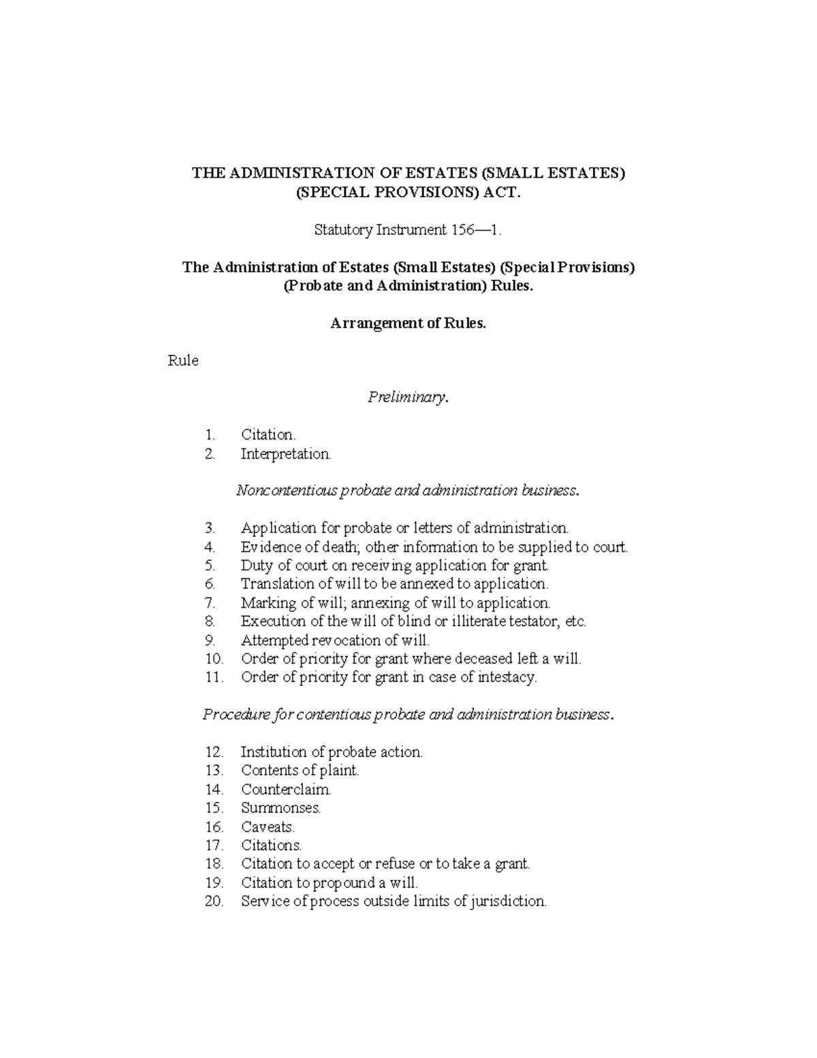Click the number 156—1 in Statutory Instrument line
click(x=476, y=230)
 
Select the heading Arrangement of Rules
click(x=408, y=324)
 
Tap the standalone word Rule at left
click(x=182, y=361)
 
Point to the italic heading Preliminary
click(x=408, y=397)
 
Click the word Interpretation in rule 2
click(x=285, y=454)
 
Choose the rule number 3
click(x=210, y=528)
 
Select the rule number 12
click(x=214, y=752)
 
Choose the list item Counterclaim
click(x=286, y=790)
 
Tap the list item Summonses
click(x=281, y=808)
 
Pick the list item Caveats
click(x=268, y=827)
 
